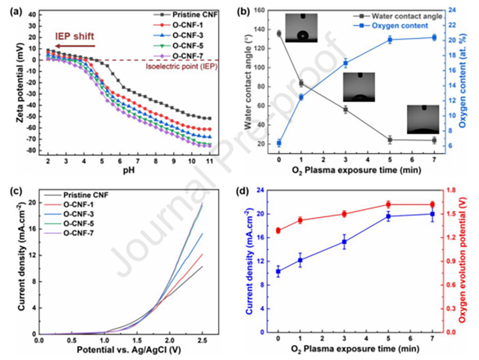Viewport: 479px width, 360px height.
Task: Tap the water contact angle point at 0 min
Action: coord(279,34)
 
